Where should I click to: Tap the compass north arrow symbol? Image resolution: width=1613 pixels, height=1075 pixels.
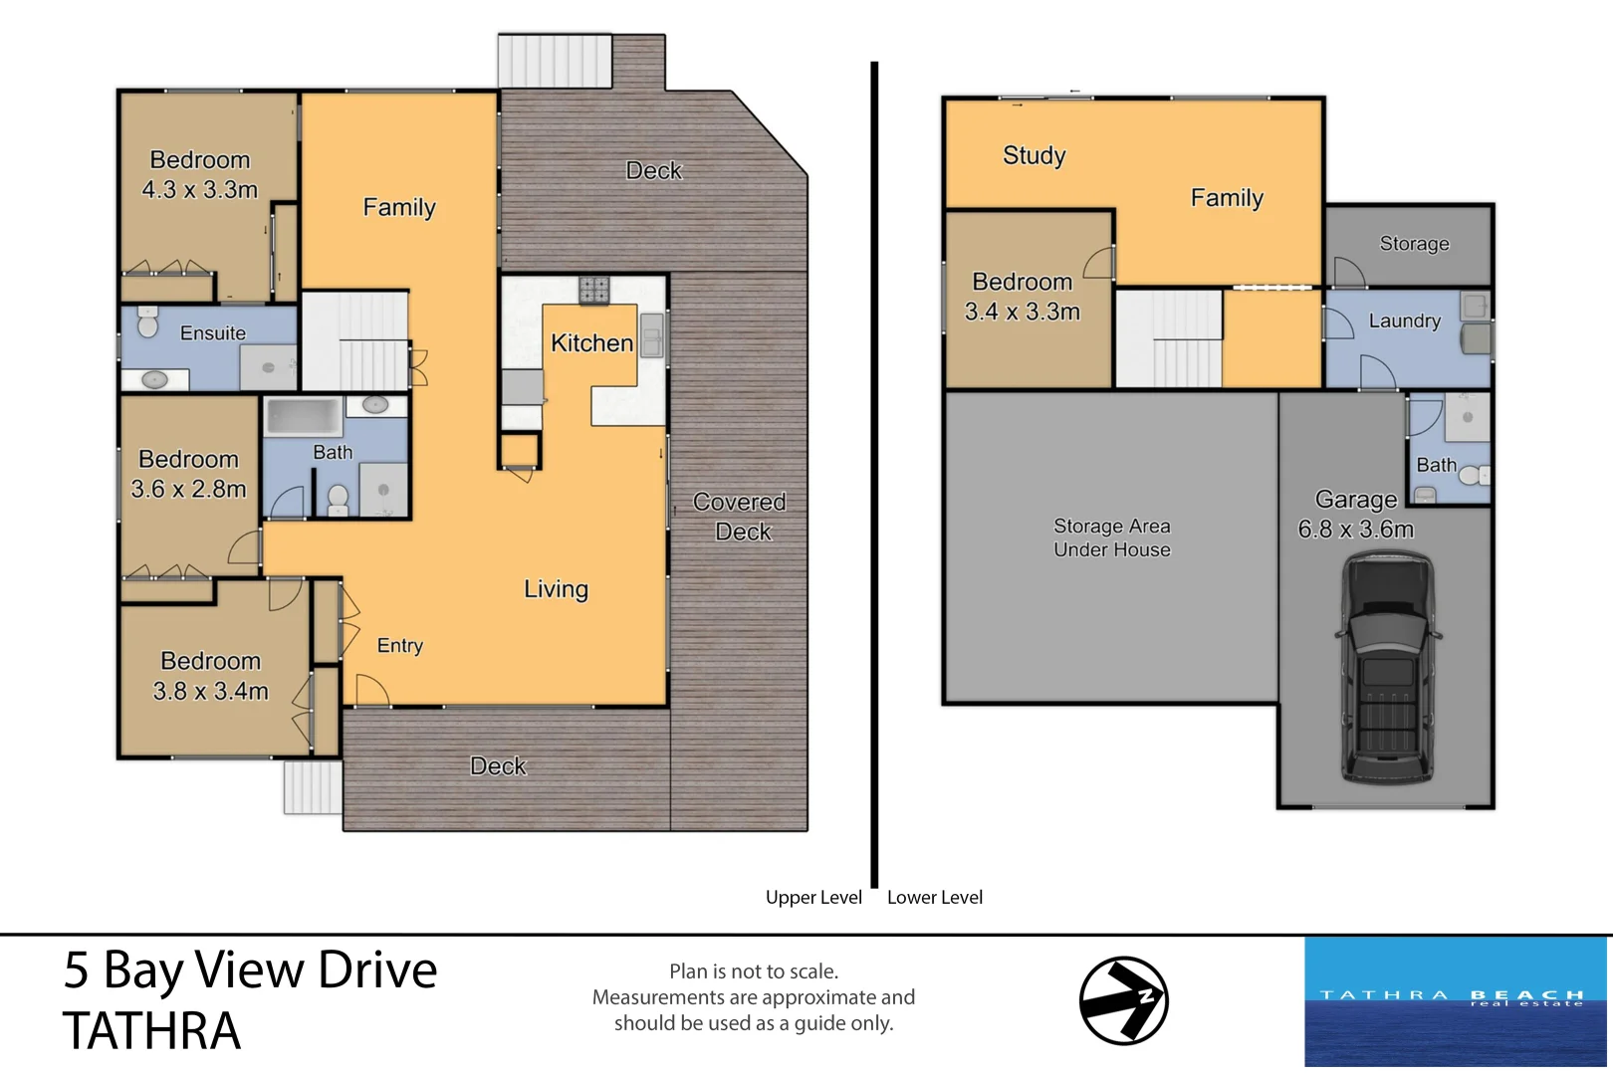pos(1124,1000)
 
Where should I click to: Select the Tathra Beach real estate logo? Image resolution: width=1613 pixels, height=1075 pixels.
pos(1455,1000)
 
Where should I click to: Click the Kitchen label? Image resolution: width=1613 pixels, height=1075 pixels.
pos(592,343)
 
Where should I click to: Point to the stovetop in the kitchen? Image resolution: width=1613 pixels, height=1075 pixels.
pos(593,290)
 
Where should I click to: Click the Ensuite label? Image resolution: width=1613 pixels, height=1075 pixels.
pos(213,333)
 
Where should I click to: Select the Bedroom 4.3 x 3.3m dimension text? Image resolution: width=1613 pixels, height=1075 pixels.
pos(200,190)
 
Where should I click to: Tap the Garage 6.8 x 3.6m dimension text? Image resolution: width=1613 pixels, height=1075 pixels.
pos(1355,530)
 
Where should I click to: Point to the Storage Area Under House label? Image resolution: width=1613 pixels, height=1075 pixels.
pos(1112,537)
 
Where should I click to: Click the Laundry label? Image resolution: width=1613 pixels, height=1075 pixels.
pos(1404,321)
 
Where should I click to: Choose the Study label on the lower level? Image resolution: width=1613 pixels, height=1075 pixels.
pos(1034,155)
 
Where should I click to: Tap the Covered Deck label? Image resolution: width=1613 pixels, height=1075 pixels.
pos(740,517)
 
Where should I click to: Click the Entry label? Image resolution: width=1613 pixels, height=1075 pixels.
pos(399,646)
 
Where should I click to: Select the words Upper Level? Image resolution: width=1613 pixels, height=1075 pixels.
pos(813,897)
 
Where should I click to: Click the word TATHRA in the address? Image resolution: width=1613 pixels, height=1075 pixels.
pos(151,1031)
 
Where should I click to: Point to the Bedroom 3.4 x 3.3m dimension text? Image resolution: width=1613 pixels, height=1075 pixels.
pos(1022,312)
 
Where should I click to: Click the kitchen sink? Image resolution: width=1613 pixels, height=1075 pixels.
pos(651,334)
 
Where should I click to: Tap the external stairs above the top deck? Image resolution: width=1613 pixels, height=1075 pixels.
pos(555,62)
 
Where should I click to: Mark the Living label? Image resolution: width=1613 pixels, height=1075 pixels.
pos(556,589)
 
